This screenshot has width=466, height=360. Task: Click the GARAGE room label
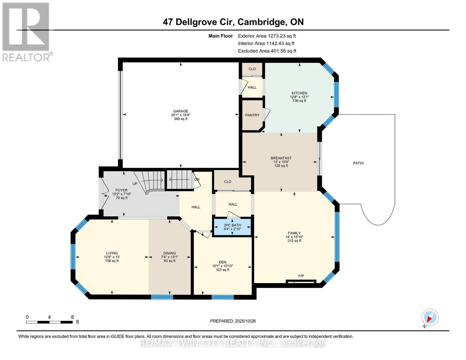tap(180, 111)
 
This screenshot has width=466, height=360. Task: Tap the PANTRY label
tap(252, 115)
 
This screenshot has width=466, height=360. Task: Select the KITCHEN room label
tap(299, 93)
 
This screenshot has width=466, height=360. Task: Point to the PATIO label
tap(358, 163)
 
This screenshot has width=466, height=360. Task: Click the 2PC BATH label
tap(232, 225)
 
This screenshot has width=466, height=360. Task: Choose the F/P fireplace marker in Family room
tap(301, 276)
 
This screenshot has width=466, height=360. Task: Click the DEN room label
tap(222, 262)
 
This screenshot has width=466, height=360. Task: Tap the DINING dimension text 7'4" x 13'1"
tap(170, 257)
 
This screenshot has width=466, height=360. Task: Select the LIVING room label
tap(112, 253)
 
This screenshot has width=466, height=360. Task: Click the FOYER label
tap(122, 190)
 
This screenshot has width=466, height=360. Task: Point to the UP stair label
tap(135, 184)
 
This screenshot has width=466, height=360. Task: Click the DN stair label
tap(197, 180)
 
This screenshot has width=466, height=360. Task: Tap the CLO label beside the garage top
tap(252, 69)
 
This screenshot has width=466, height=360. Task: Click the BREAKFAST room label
tap(281, 158)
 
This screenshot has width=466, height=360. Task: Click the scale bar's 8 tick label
tap(72, 317)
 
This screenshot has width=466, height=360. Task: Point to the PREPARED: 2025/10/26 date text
tap(233, 321)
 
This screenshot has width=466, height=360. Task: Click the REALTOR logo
tap(26, 31)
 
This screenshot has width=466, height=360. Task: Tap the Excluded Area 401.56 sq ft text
tap(267, 51)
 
